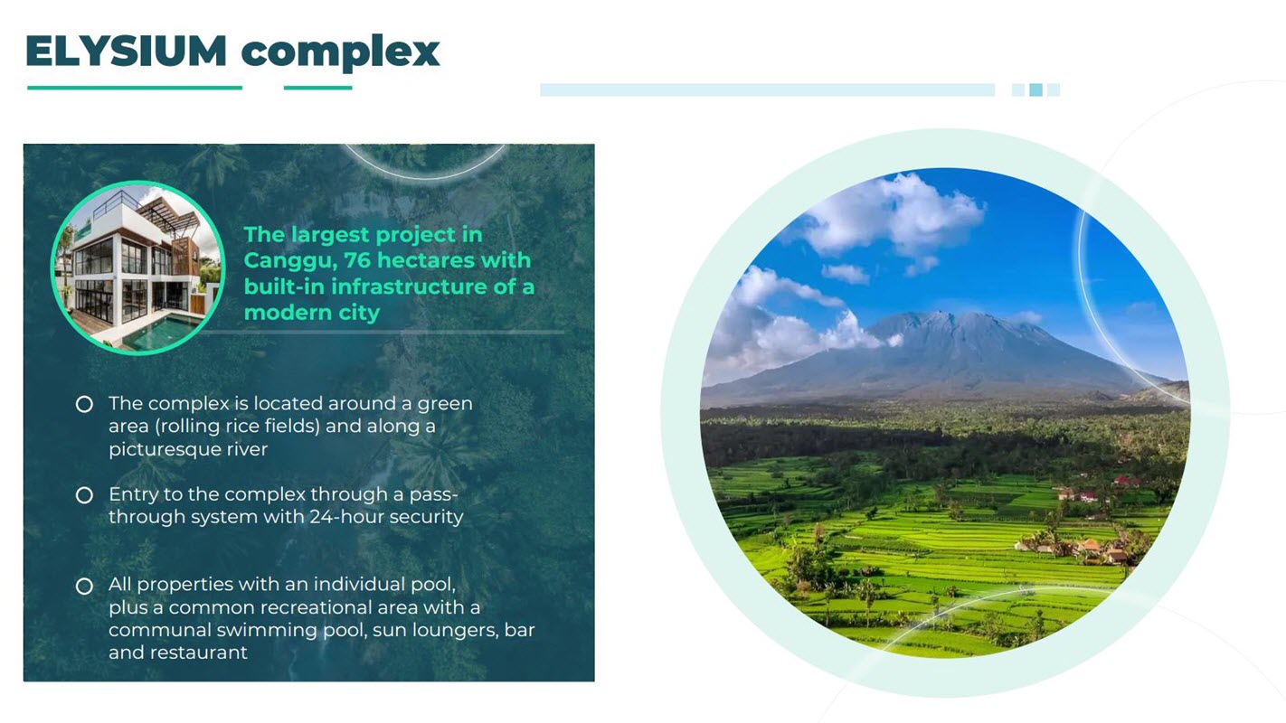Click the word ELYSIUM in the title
pyautogui.click(x=127, y=52)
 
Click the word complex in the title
pyautogui.click(x=340, y=52)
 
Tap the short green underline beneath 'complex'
pyautogui.click(x=317, y=88)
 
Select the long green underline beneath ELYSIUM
pyautogui.click(x=135, y=88)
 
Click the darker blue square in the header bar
pyautogui.click(x=1035, y=90)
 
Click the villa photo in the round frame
pyautogui.click(x=137, y=268)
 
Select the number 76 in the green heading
pyautogui.click(x=357, y=260)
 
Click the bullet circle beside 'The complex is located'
pyautogui.click(x=84, y=405)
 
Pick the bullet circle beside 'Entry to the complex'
pyautogui.click(x=84, y=495)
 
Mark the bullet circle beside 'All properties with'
pyautogui.click(x=84, y=586)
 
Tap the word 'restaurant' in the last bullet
pyautogui.click(x=199, y=653)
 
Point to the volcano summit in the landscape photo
pyautogui.click(x=940, y=314)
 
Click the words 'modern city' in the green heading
pyautogui.click(x=312, y=313)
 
